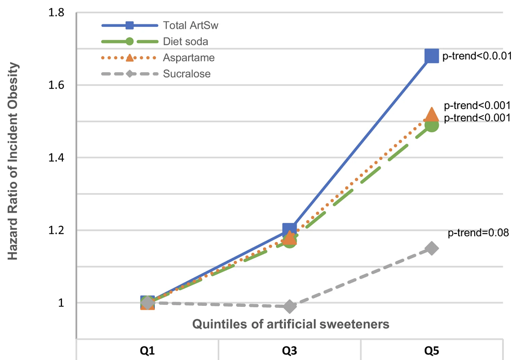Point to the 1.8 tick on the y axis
coord(57,12)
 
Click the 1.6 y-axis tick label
coord(57,85)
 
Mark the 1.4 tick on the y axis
coord(57,158)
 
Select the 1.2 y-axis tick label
coord(57,230)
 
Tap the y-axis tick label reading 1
coord(61,303)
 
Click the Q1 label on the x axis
coord(147,351)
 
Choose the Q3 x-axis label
coord(289,351)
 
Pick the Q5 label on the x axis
coord(431,351)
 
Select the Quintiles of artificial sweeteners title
coord(290,324)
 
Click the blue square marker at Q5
coord(432,56)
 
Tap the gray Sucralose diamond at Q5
coord(432,248)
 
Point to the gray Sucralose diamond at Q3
coord(289,306)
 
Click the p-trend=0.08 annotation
coord(478,233)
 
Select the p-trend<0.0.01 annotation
coord(476,56)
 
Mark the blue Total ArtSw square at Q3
coord(289,230)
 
